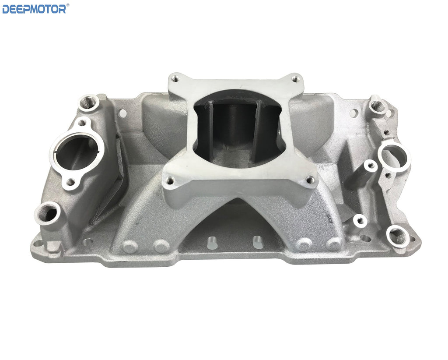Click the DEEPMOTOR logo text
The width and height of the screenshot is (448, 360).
(34, 9)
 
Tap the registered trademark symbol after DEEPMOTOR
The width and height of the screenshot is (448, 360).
(68, 4)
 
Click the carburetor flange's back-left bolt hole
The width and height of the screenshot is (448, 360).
(175, 77)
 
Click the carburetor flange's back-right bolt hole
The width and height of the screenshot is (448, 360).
(295, 77)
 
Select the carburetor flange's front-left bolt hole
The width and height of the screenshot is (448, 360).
(170, 181)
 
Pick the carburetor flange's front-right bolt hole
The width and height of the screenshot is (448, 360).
(310, 180)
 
